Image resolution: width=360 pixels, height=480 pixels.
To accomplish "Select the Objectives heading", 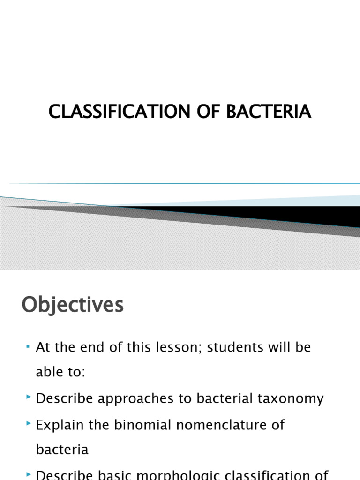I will tap(73, 305).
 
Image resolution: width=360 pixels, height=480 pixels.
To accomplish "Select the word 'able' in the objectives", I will tap(51, 373).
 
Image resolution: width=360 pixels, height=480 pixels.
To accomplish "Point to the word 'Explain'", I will tap(58, 425).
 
